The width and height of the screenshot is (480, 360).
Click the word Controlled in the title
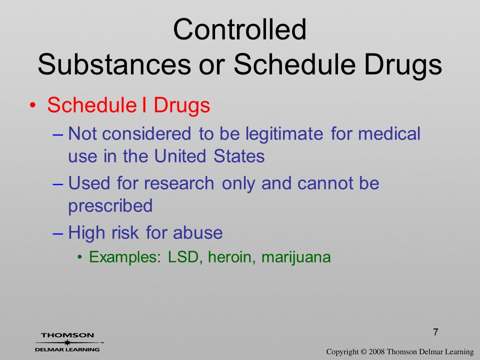[239, 29]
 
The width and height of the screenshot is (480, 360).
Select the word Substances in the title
[114, 64]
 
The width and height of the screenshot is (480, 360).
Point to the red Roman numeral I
[144, 104]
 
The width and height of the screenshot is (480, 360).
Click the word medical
[389, 133]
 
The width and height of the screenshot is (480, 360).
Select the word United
[179, 155]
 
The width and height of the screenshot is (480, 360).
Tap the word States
[239, 155]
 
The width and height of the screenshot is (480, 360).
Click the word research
[179, 183]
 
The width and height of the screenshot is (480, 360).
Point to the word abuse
[198, 232]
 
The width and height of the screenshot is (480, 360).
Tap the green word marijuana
[296, 257]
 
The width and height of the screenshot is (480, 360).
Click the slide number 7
[435, 332]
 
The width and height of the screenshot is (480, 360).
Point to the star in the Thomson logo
[66, 343]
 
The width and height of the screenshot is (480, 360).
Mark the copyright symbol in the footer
[363, 351]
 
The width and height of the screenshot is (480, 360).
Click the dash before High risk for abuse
[58, 232]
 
